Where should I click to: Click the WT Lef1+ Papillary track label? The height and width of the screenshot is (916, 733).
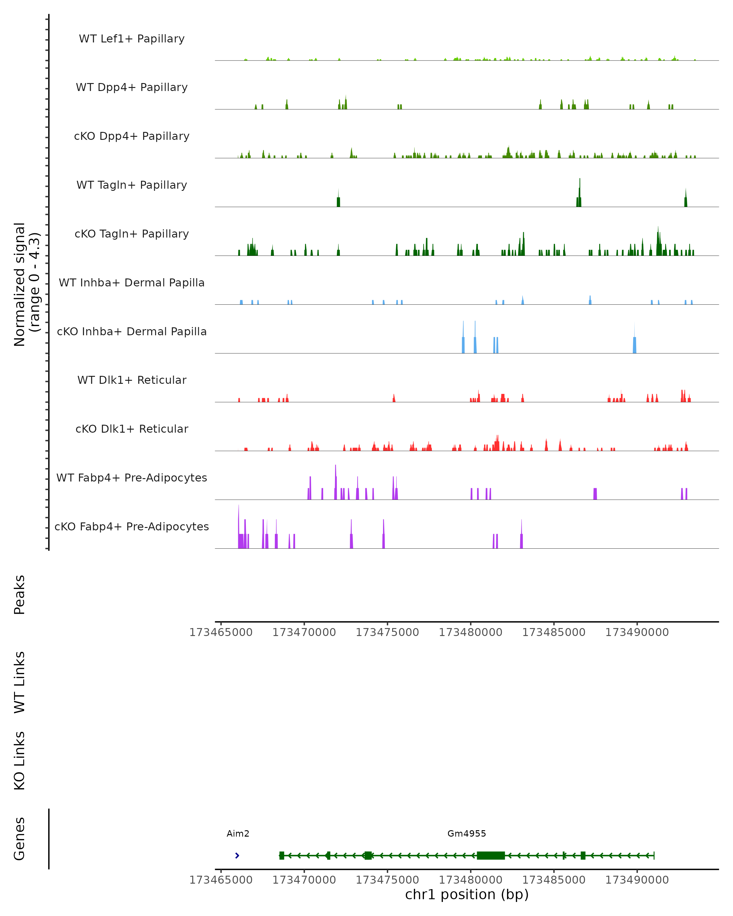[132, 39]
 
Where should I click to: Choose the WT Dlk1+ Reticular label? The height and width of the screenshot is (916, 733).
[132, 380]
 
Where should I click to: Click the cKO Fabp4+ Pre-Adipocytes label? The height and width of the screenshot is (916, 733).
[132, 526]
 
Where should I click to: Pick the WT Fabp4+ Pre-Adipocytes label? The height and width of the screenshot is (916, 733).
[132, 478]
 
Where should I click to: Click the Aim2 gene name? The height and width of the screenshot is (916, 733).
[238, 833]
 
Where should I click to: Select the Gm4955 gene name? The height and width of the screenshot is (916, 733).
[467, 833]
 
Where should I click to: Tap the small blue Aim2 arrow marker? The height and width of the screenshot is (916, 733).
[237, 855]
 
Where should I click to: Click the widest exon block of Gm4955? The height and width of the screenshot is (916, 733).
[491, 855]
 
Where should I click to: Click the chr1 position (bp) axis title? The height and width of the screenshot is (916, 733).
[467, 894]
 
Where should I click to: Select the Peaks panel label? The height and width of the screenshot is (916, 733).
[19, 594]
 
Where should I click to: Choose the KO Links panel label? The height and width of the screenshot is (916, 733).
[19, 761]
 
